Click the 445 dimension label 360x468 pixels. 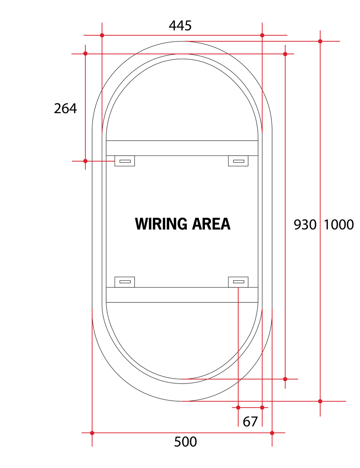tap(180, 26)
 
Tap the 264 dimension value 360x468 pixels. tap(65, 108)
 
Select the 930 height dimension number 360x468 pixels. tap(305, 225)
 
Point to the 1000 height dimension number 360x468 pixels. tap(339, 225)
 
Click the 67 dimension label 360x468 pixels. tap(250, 422)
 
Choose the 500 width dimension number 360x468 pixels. tap(185, 442)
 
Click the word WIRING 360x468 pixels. tap(161, 224)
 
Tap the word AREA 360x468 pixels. tap(211, 224)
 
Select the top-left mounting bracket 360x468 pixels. tap(124, 161)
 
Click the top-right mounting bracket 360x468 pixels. tap(238, 161)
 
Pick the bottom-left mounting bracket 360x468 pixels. tap(124, 282)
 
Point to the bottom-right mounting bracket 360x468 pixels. tap(238, 282)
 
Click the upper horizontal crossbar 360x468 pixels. tap(182, 148)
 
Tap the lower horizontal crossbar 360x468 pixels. tap(182, 295)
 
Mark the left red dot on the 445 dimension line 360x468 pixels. tap(102, 35)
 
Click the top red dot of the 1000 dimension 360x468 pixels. tap(320, 41)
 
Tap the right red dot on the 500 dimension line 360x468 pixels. tap(272, 433)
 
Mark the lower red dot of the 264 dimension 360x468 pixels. tap(85, 161)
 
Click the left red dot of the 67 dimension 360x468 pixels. tap(238, 408)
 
